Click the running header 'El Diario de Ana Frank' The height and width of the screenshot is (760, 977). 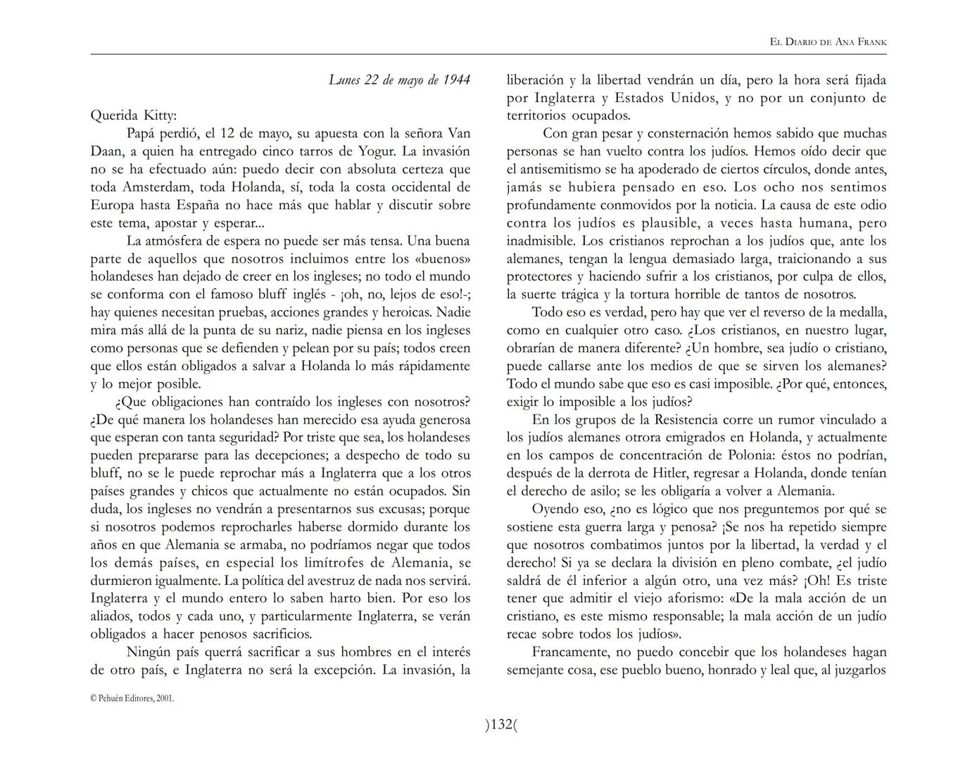point(828,42)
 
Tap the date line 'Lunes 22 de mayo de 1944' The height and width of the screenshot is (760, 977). point(399,80)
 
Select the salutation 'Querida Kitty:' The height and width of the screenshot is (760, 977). point(134,115)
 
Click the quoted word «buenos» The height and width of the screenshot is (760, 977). point(442,259)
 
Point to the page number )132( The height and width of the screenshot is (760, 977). point(500,724)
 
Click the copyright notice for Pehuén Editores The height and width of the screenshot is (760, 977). point(132,699)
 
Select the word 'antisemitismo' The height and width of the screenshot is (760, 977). point(557,169)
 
